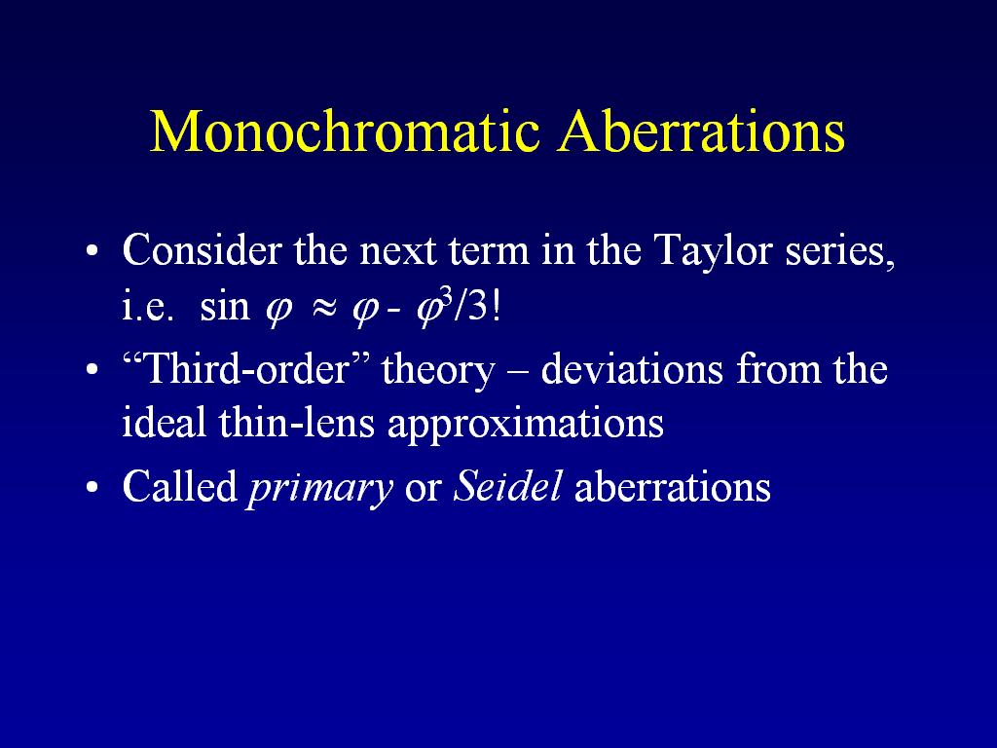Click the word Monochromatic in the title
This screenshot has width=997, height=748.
346,131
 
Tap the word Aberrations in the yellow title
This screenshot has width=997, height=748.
701,131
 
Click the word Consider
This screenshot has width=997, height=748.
201,249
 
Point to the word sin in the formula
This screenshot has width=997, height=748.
225,307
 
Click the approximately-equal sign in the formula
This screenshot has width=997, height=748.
323,309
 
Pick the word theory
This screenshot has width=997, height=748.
438,371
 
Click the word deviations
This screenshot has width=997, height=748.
632,369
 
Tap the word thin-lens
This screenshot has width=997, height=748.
297,423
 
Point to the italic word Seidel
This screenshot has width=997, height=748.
507,486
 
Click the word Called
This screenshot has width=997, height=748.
180,486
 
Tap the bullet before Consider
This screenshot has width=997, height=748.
92,250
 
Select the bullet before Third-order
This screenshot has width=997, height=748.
92,369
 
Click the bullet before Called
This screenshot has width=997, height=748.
92,487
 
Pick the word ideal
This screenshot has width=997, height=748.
164,423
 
